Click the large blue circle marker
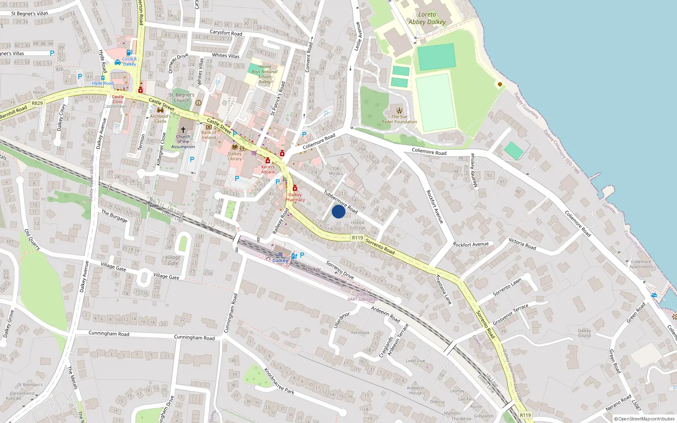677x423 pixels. tap(338, 211)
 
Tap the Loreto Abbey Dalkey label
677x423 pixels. tap(427, 18)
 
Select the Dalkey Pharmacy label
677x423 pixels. tap(295, 198)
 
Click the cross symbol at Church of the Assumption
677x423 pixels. tap(183, 130)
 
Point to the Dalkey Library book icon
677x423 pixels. tap(235, 147)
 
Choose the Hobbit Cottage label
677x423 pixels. tap(358, 225)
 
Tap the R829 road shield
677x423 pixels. tap(37, 103)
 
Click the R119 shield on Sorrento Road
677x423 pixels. tap(358, 238)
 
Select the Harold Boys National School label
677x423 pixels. tap(264, 74)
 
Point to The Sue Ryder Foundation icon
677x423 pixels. tap(399, 111)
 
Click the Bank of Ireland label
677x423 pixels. tap(209, 135)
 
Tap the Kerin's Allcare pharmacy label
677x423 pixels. tap(268, 169)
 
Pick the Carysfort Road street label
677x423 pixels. tap(226, 33)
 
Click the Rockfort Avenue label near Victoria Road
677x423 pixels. tap(471, 244)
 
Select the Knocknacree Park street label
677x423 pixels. tap(279, 381)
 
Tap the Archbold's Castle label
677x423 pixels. tap(160, 118)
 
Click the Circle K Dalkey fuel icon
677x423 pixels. tap(129, 53)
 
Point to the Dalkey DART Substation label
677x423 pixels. tap(363, 297)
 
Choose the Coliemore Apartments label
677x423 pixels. tap(641, 264)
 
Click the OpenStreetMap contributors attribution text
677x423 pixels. tap(644, 419)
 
